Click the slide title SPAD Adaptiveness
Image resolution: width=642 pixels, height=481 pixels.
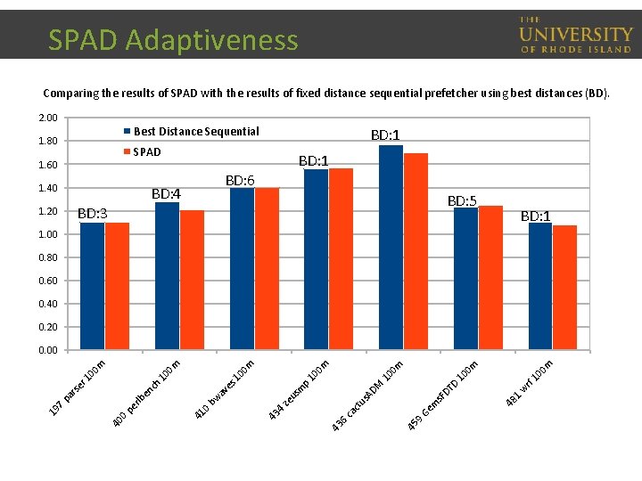click(x=173, y=40)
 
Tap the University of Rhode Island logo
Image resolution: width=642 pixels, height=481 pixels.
click(x=575, y=36)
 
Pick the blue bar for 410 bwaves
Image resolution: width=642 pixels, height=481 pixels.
click(x=242, y=268)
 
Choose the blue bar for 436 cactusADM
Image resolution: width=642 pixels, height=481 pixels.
click(x=391, y=247)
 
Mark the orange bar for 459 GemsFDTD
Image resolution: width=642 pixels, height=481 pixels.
click(x=490, y=277)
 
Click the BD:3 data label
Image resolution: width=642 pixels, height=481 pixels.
click(x=93, y=213)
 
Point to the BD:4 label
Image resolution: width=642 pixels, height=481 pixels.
click(x=166, y=193)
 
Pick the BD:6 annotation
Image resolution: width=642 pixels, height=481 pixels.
click(x=240, y=181)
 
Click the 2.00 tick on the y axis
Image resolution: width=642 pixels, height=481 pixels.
click(x=47, y=118)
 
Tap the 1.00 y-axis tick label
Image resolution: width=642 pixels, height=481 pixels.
click(x=47, y=234)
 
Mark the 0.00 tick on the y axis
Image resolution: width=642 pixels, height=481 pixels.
click(x=47, y=350)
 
